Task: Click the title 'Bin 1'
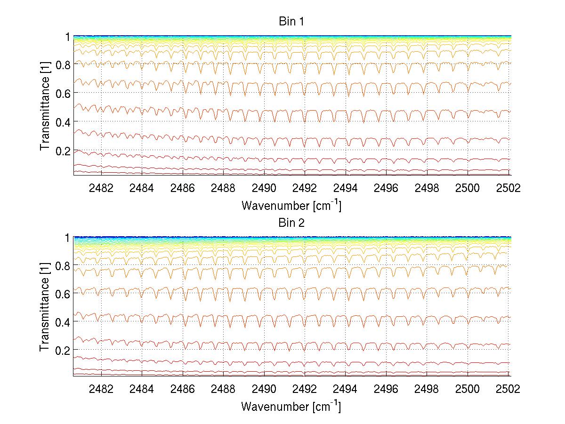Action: pyautogui.click(x=291, y=22)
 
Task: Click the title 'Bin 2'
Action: pyautogui.click(x=291, y=223)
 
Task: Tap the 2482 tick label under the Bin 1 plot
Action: pyautogui.click(x=101, y=188)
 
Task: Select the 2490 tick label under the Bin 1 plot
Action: pyautogui.click(x=264, y=188)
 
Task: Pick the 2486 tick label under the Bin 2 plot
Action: pyautogui.click(x=183, y=389)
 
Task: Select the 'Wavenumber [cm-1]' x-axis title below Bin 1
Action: pyautogui.click(x=291, y=205)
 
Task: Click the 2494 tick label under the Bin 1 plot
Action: pyautogui.click(x=346, y=188)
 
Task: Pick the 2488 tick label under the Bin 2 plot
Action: pyautogui.click(x=223, y=389)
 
